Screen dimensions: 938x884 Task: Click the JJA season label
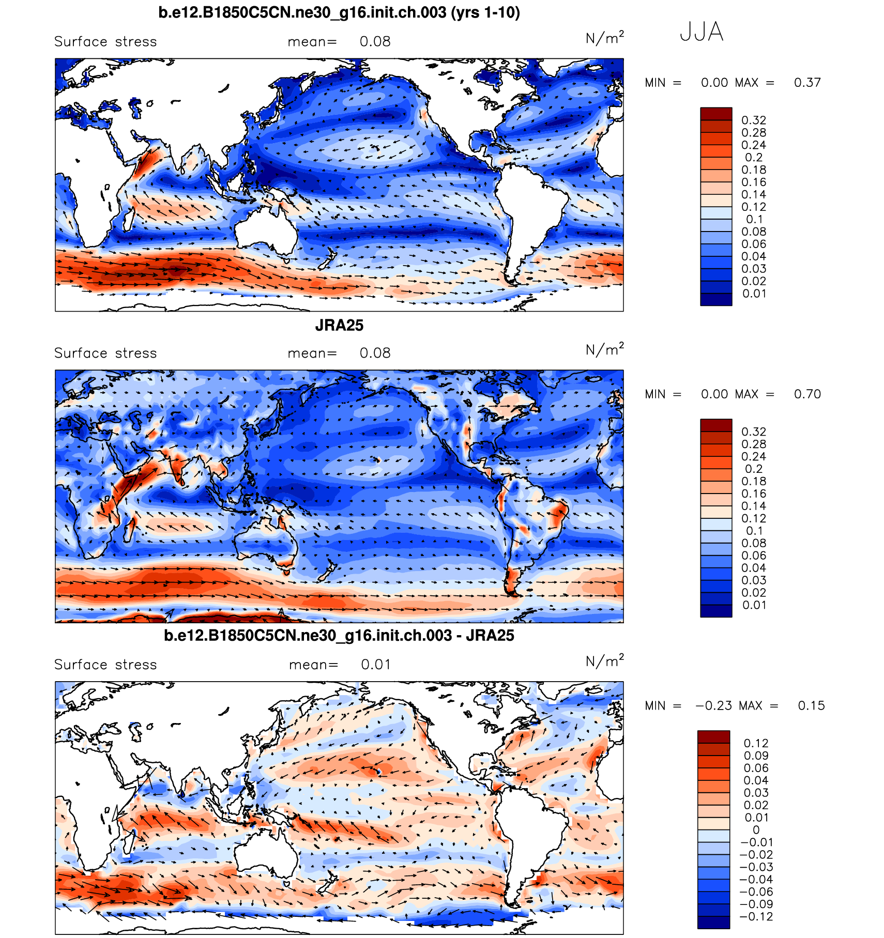[701, 32]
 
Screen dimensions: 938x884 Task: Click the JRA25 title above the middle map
[339, 326]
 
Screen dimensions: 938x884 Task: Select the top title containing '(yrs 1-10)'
[339, 12]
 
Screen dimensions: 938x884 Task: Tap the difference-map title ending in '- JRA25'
[339, 636]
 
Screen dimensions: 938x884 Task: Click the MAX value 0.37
[807, 83]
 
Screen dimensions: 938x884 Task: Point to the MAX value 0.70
[807, 394]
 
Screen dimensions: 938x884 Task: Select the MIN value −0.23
[713, 706]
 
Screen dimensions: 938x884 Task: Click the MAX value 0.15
[811, 706]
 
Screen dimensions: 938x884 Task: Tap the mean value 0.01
[376, 665]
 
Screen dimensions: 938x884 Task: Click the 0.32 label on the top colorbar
[754, 120]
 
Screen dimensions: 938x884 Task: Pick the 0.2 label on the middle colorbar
[754, 469]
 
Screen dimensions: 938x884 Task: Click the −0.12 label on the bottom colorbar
[756, 917]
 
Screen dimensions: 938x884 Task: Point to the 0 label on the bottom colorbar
[756, 830]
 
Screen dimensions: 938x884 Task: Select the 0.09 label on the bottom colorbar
[756, 756]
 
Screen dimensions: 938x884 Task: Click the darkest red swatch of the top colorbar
[716, 114]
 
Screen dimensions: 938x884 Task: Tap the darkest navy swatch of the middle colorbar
[716, 611]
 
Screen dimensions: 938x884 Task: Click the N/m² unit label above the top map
[604, 38]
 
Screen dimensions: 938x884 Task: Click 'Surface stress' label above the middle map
[105, 353]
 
